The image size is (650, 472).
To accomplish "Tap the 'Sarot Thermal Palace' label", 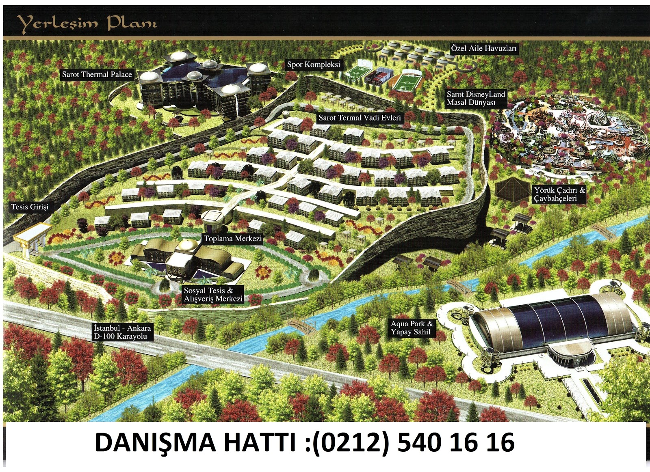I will (97, 74).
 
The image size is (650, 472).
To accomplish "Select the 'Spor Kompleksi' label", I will (313, 64).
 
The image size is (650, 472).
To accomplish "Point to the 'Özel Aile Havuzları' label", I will (484, 48).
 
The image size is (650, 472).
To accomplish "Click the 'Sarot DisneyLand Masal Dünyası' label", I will (476, 98).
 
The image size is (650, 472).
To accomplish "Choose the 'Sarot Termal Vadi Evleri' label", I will (360, 118).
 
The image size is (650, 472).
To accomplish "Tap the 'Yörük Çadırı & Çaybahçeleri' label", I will (560, 194).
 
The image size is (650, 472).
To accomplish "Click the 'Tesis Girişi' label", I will (30, 207).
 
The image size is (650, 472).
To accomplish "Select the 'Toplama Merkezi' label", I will (233, 239).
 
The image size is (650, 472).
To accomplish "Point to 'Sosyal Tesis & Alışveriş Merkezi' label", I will (213, 295).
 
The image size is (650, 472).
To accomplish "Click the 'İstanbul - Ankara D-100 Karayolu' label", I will (122, 332).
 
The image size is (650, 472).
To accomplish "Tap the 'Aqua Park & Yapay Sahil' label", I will (412, 328).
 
